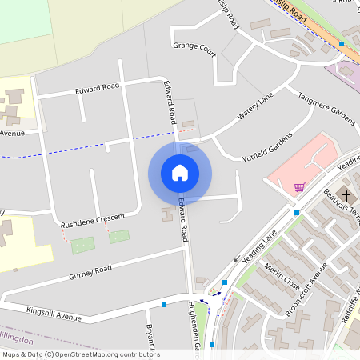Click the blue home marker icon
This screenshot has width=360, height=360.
click(180, 173)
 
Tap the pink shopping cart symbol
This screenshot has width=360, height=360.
click(299, 187)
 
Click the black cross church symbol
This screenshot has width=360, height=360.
click(347, 195)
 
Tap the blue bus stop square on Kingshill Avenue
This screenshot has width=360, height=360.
click(164, 305)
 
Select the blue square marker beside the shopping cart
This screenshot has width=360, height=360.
click(296, 213)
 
